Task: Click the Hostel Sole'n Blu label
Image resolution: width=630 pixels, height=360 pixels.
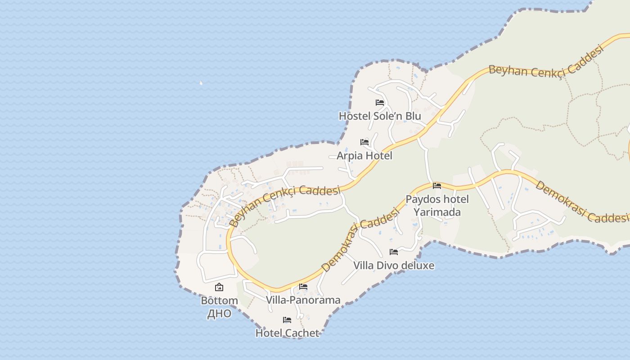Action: [380, 116]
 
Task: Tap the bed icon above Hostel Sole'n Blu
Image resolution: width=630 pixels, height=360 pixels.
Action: [380, 103]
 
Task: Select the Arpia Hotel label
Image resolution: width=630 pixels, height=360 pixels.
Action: [364, 156]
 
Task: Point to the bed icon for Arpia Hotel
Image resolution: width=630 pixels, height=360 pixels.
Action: [364, 142]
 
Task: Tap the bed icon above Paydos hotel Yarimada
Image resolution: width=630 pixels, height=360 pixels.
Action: [437, 185]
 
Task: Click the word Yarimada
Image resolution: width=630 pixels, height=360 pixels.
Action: [437, 212]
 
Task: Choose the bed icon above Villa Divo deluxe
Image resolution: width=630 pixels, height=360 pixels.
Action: [394, 252]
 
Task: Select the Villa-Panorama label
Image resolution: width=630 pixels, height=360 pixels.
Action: [303, 300]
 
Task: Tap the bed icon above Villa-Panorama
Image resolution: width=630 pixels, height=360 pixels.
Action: [303, 287]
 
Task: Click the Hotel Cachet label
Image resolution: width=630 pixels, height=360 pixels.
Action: [287, 333]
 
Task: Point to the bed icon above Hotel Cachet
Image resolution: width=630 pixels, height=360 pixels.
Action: [287, 320]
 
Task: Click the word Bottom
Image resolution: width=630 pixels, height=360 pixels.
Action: [219, 301]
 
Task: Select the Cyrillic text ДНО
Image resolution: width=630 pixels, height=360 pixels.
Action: [219, 314]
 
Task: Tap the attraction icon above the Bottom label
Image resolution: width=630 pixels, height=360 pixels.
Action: [219, 287]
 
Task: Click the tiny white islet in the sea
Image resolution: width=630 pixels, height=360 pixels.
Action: [201, 83]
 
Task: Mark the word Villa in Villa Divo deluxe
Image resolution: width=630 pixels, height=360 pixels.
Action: [363, 265]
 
